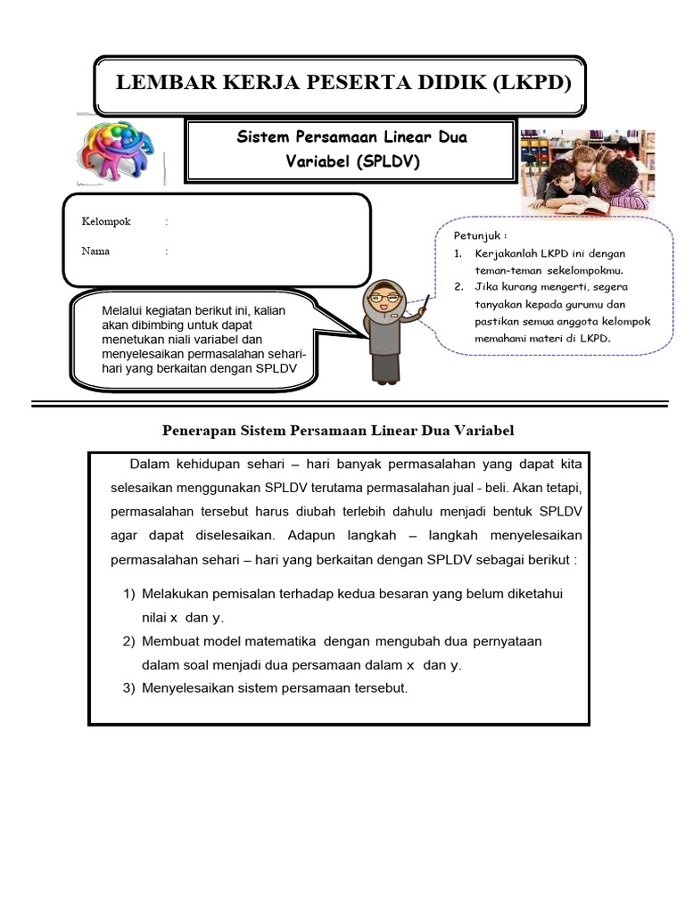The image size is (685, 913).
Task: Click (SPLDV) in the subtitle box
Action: tap(387, 161)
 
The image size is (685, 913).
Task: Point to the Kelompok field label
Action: tap(106, 221)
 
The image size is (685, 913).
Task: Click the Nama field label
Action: tap(95, 251)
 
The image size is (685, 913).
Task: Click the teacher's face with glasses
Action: tap(384, 298)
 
